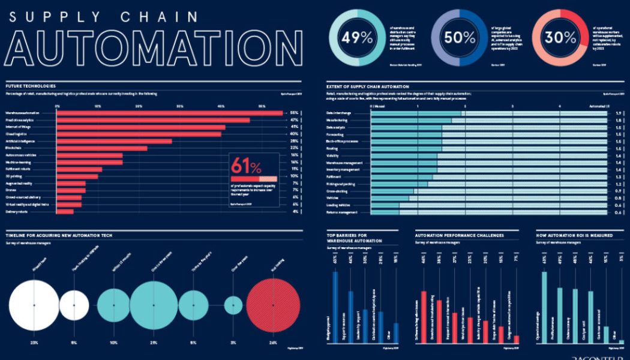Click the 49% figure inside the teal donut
(x=358, y=37)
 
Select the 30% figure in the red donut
(x=560, y=37)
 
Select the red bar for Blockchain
(x=101, y=148)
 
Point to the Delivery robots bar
(x=65, y=211)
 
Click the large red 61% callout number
(x=246, y=166)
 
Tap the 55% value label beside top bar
(x=294, y=113)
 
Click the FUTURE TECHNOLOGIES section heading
(x=31, y=86)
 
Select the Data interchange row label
(x=338, y=113)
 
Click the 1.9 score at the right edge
(x=617, y=113)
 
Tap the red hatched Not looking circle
(x=273, y=305)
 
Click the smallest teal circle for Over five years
(x=233, y=305)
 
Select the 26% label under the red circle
(x=273, y=343)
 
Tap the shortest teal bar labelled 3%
(x=622, y=342)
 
